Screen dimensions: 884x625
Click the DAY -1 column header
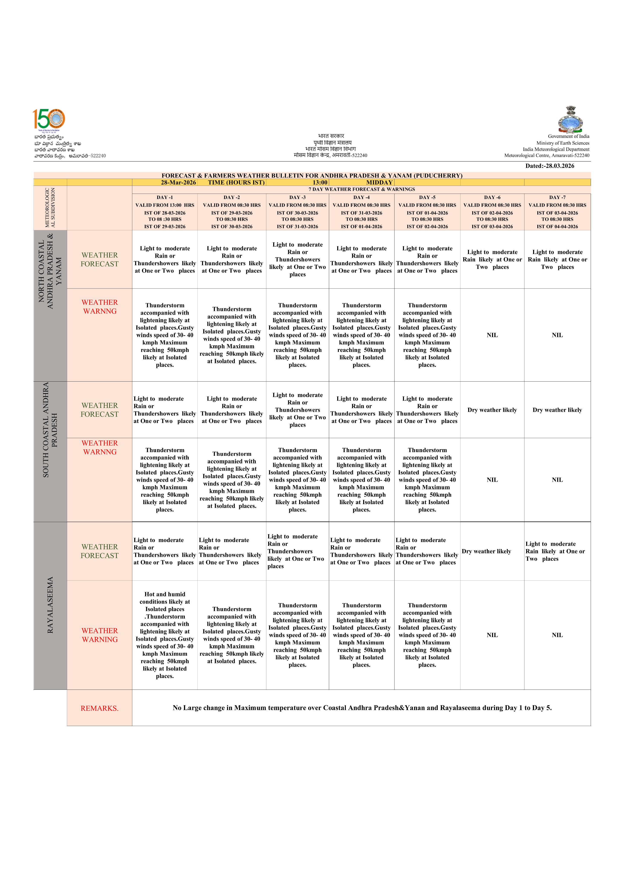point(165,197)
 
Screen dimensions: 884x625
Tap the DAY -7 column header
point(557,197)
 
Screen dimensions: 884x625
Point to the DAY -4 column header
point(361,197)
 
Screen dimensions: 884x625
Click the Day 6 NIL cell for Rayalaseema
point(492,635)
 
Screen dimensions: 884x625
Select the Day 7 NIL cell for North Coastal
point(557,335)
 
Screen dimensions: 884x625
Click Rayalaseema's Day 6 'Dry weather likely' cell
point(486,551)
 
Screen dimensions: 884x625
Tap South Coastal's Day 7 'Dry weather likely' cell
point(557,410)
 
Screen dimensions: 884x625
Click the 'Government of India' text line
point(568,136)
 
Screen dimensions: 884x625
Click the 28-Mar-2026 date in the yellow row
point(178,183)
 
